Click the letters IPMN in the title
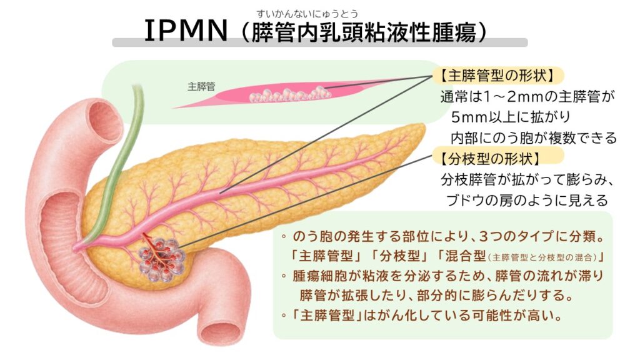[x=186, y=31]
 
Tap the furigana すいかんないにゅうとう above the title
[x=307, y=14]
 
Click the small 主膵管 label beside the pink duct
[x=201, y=86]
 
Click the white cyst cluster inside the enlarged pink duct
[x=290, y=94]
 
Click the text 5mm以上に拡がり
[x=511, y=117]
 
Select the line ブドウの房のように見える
[x=527, y=200]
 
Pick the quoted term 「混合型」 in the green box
[x=461, y=256]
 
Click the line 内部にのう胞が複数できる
[x=534, y=138]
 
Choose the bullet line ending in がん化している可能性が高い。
[x=422, y=316]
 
